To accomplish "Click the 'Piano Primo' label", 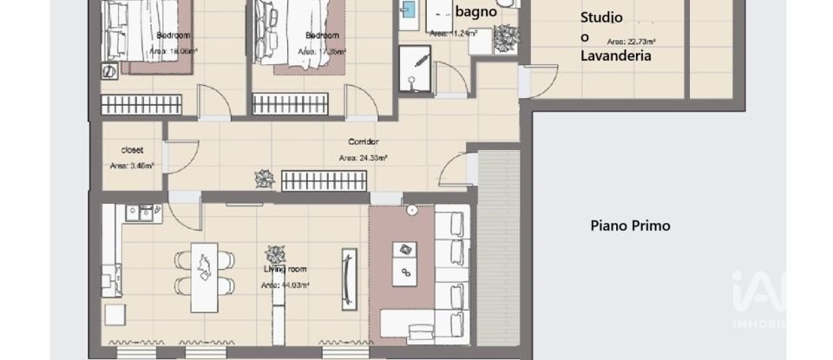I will click(630, 226).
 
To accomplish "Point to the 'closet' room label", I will click(132, 149).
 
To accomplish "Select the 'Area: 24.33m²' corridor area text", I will click(362, 158).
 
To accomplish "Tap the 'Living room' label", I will click(286, 269).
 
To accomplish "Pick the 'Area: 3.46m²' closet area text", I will click(132, 165).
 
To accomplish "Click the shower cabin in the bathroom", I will click(415, 69).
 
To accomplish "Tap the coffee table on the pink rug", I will click(404, 264).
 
